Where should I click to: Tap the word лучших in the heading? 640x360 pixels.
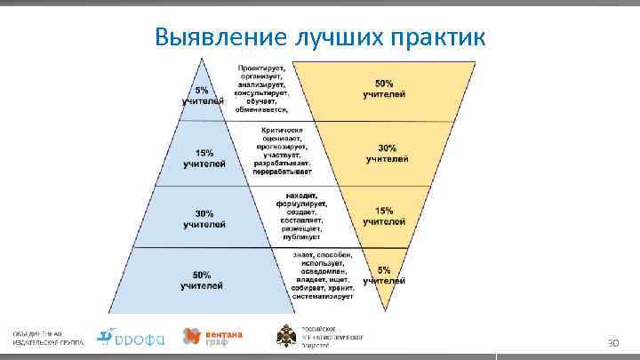point(335,37)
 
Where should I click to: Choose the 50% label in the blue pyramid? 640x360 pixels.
point(202,280)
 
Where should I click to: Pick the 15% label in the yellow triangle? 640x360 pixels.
point(384,216)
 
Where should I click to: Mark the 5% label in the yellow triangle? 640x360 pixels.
point(384,275)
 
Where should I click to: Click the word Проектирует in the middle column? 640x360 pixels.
point(261,68)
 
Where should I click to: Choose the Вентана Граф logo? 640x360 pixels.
point(212,337)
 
